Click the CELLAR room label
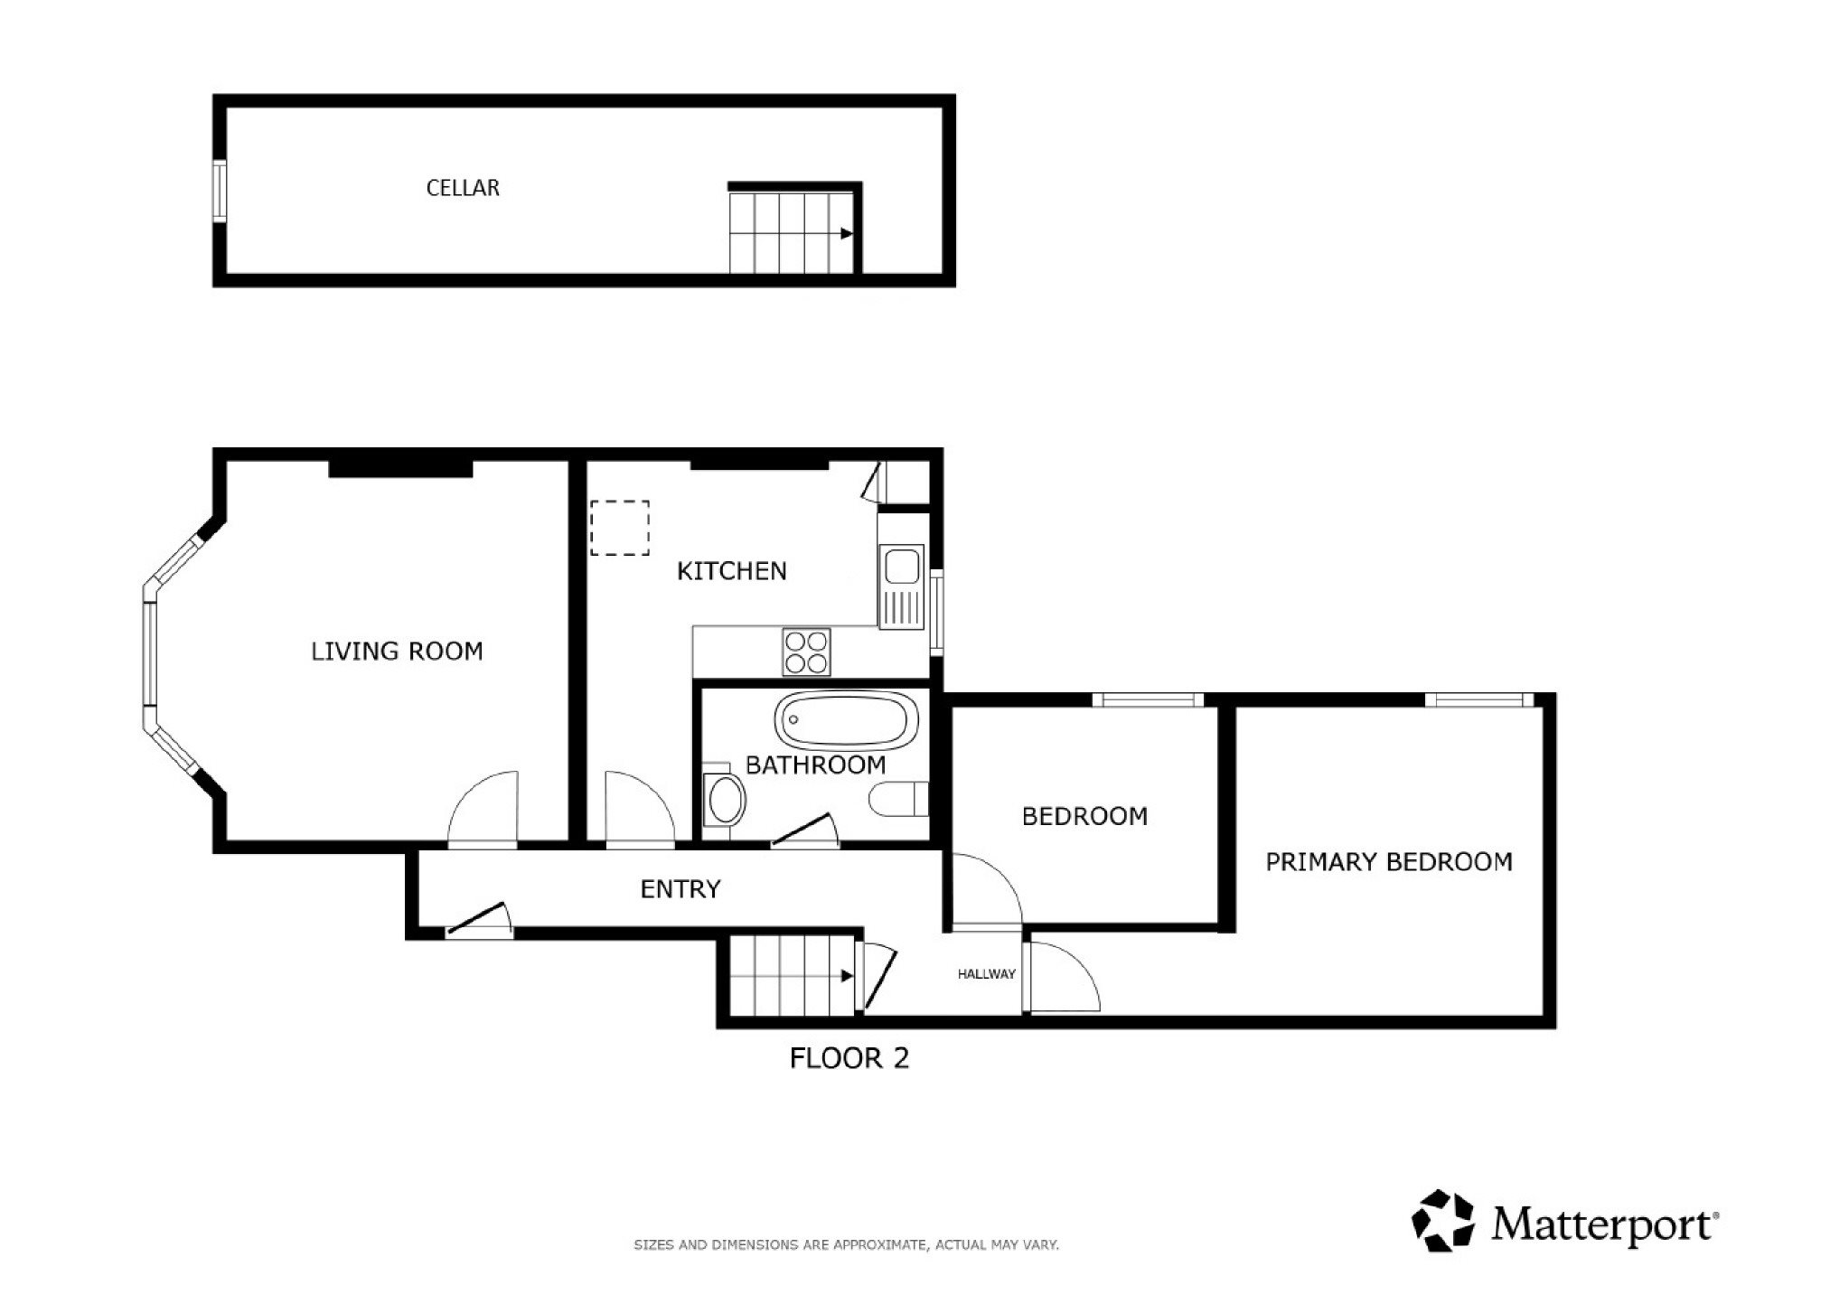click(x=463, y=188)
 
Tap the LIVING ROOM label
click(x=397, y=652)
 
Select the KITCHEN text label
click(x=732, y=571)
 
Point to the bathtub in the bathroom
click(x=846, y=720)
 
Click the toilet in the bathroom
click(x=900, y=799)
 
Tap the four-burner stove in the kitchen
click(x=806, y=652)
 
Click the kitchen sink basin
click(x=901, y=567)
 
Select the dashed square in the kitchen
click(x=620, y=528)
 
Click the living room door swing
click(x=483, y=810)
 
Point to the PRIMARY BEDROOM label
click(x=1389, y=862)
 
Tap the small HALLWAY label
click(x=987, y=974)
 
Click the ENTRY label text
click(x=680, y=889)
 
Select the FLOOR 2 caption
click(x=849, y=1058)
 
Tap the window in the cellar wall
click(x=219, y=191)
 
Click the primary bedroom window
click(x=1479, y=699)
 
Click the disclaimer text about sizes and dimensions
click(x=846, y=1245)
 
